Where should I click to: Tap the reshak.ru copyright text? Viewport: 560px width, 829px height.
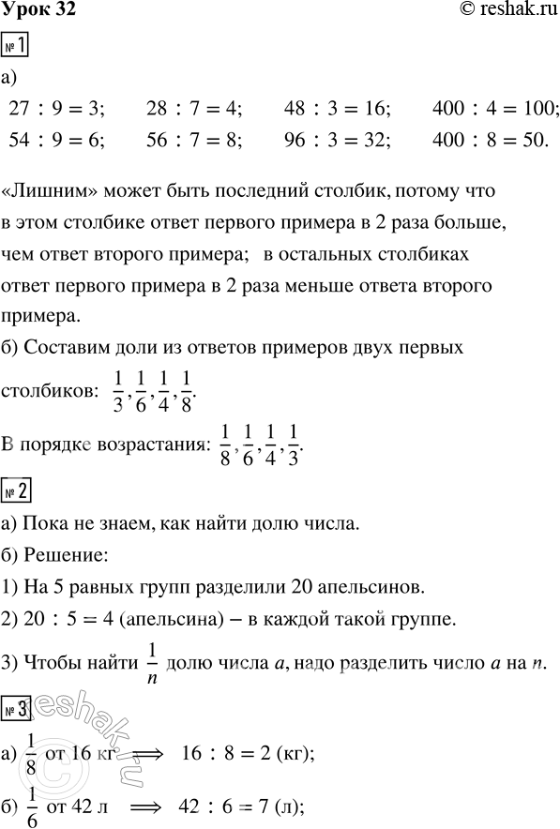click(x=496, y=11)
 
